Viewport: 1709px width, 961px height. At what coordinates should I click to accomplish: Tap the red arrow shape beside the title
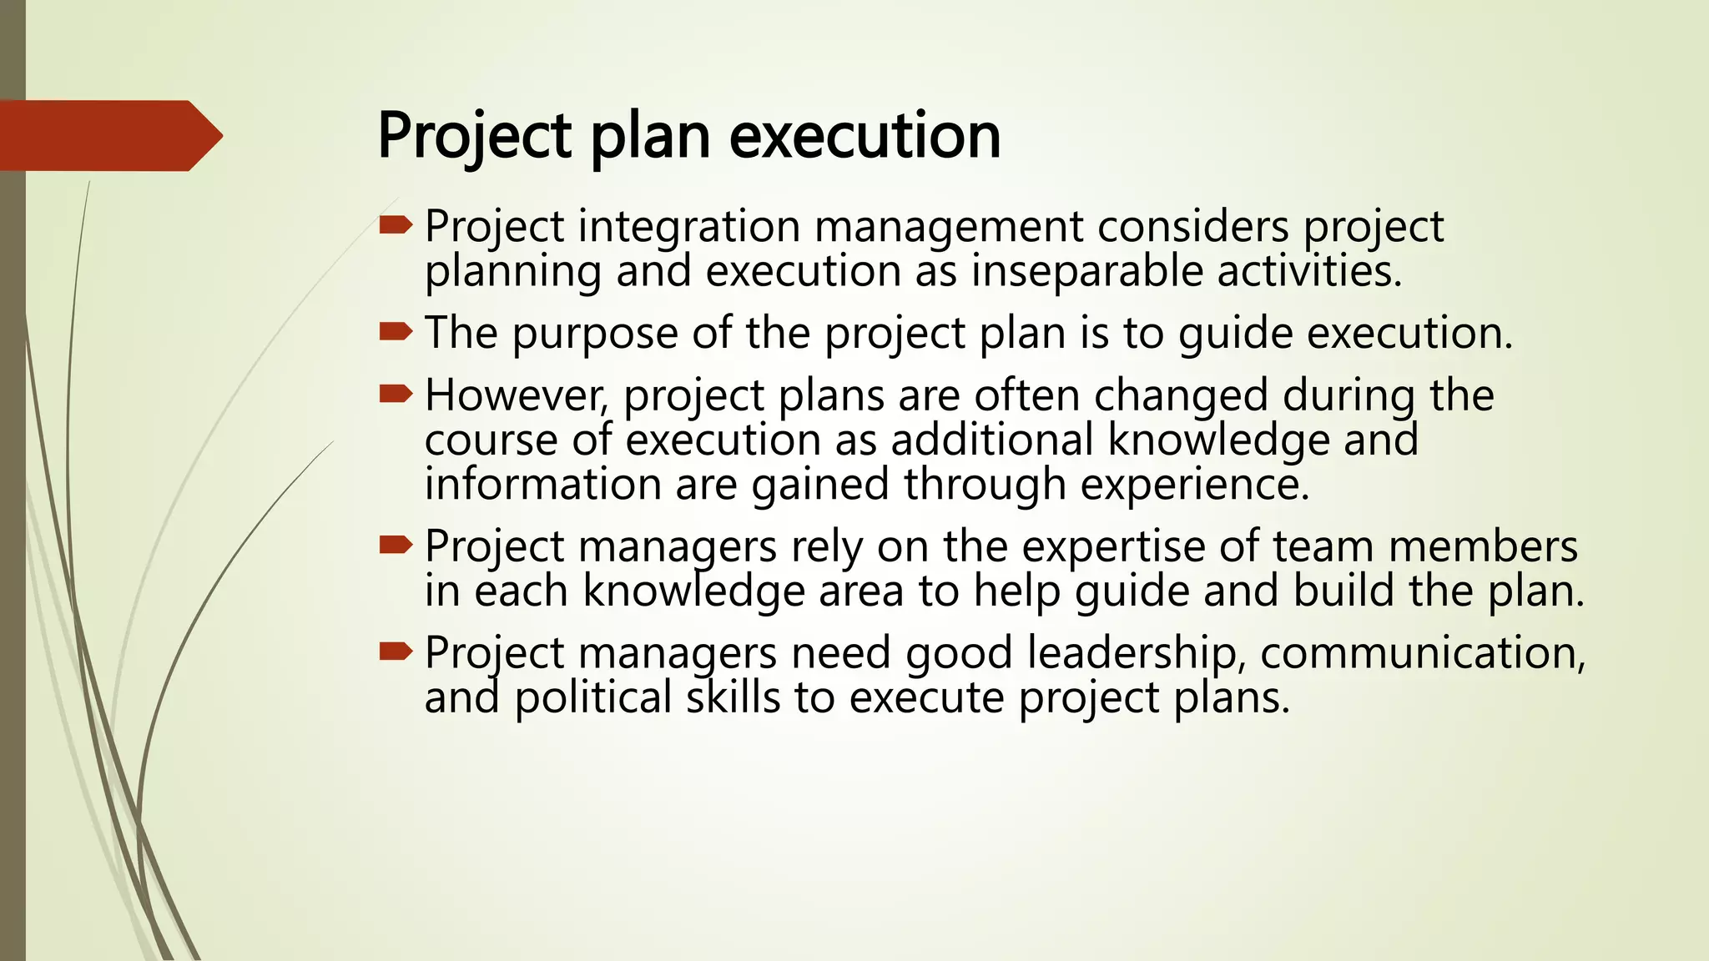point(108,136)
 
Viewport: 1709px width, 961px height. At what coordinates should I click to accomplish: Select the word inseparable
point(1086,272)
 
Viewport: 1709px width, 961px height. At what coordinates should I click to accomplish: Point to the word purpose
point(594,334)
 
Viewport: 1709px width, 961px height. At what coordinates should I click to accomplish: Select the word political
point(592,697)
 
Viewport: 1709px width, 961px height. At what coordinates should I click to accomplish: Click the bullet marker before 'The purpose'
point(396,333)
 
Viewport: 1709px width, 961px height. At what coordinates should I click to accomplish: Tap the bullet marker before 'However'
point(396,394)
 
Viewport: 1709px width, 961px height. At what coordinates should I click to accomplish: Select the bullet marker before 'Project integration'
point(396,224)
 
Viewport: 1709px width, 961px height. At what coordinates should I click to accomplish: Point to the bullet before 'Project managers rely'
point(396,546)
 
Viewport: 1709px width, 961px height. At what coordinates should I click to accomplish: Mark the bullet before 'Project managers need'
point(396,652)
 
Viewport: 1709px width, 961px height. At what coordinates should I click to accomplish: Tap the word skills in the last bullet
point(733,697)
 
